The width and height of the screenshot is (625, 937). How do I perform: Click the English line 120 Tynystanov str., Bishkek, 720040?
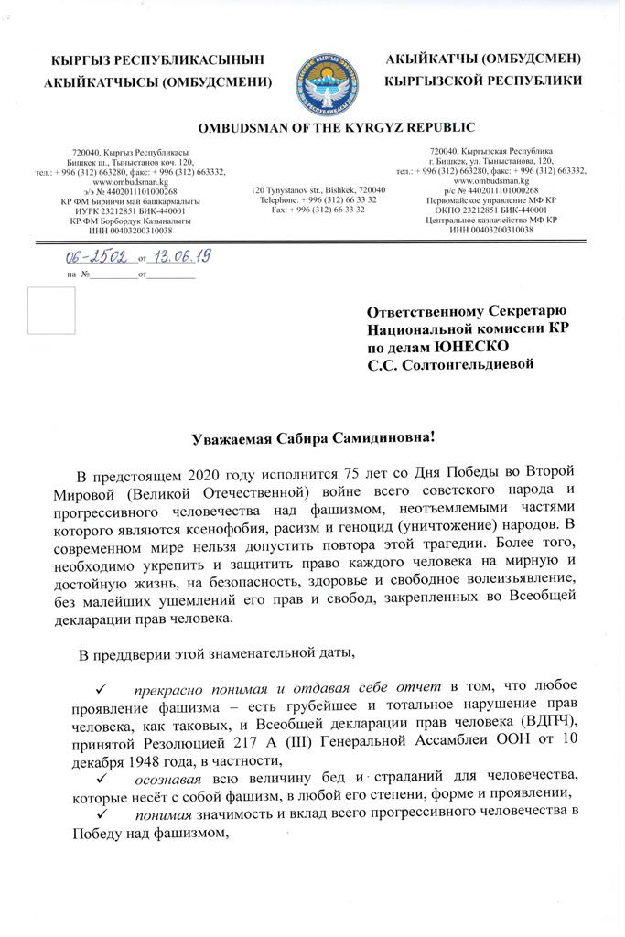(318, 189)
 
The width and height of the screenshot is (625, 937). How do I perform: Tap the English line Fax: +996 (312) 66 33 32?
(318, 210)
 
